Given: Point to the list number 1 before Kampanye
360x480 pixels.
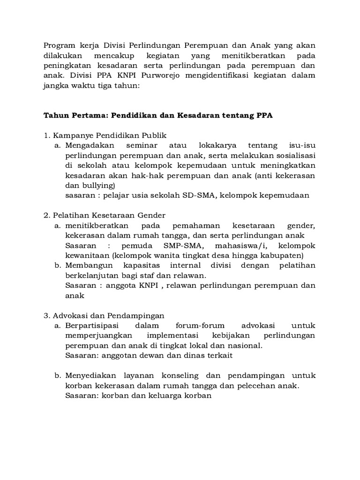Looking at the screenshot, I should (x=46, y=135).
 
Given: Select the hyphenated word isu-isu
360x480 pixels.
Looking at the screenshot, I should (x=300, y=146).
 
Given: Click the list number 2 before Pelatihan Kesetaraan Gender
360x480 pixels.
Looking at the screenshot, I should (x=46, y=216).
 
